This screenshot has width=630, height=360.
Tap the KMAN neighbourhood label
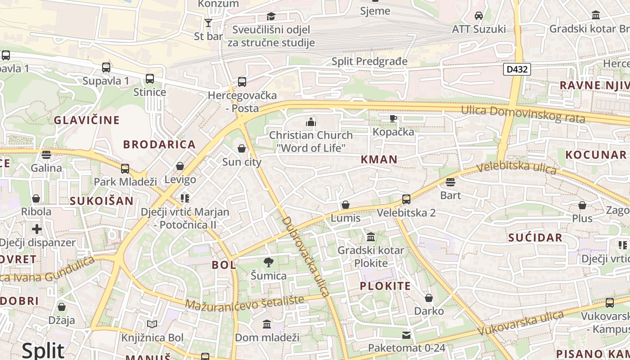[x=379, y=159]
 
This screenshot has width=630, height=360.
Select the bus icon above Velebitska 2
[x=406, y=199]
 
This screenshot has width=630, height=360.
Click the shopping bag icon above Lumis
[x=346, y=205]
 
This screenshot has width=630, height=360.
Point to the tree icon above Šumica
[x=269, y=262]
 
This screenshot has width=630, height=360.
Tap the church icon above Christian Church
[x=310, y=122]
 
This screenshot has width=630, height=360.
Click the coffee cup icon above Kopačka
[x=393, y=119]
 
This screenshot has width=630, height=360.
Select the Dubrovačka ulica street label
[x=306, y=256]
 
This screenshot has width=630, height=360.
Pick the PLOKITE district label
[x=385, y=286]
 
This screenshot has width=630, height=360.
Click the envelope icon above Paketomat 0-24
[x=406, y=335]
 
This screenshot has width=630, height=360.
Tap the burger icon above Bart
[x=450, y=182]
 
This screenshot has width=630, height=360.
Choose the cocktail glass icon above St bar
[x=208, y=23]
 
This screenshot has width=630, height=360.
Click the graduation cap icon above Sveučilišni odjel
[x=271, y=17]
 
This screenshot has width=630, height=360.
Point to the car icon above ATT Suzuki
[x=479, y=16]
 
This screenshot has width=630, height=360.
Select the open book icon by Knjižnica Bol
[x=152, y=324]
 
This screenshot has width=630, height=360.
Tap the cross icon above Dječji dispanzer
[x=37, y=229]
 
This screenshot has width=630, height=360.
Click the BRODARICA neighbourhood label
[x=159, y=144]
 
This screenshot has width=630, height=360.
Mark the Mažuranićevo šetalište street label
[x=251, y=302]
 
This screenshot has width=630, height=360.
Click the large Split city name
[x=43, y=350]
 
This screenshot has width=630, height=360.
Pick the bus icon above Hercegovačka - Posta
[x=242, y=82]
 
